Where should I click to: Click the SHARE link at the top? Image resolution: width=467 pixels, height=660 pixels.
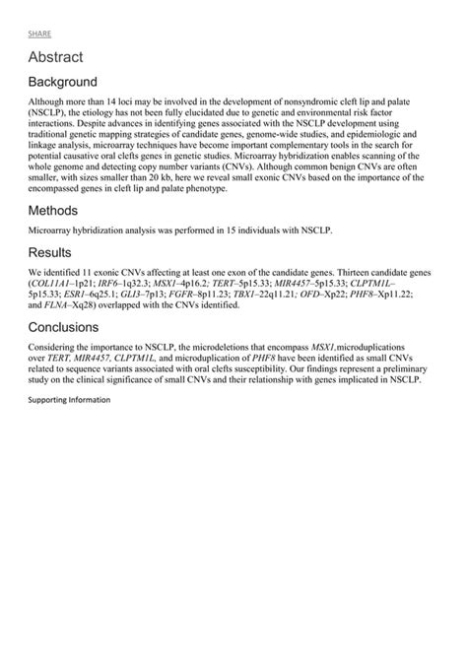click(39, 33)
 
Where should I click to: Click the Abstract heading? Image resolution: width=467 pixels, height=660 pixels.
click(55, 58)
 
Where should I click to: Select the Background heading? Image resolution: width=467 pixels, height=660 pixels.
click(62, 82)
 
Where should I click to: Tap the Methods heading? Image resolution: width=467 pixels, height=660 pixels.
click(53, 210)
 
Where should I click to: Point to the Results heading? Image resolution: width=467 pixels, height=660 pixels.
click(50, 252)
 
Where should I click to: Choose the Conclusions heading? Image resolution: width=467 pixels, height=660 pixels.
click(67, 327)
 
